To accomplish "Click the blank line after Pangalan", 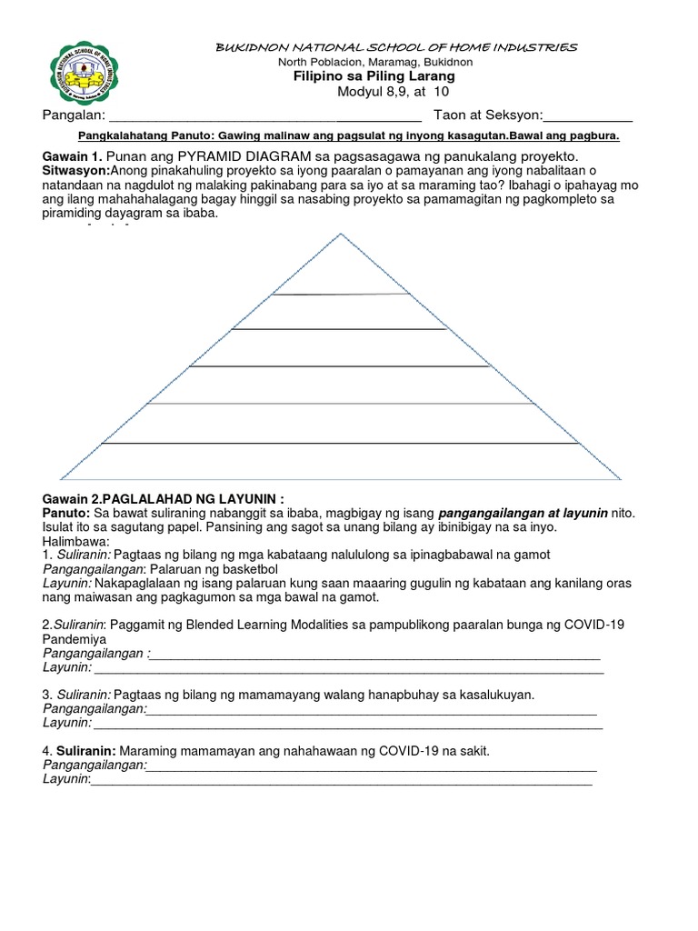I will point(264,120).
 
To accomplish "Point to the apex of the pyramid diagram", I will point(341,235).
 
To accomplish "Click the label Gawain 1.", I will point(71,156).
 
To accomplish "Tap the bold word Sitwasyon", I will point(75,171).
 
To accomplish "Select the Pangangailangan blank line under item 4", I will point(372,766).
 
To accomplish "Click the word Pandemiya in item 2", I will point(75,640).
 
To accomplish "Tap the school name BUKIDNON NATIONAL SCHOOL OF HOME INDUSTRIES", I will point(394,46).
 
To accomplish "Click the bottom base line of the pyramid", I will point(341,479).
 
